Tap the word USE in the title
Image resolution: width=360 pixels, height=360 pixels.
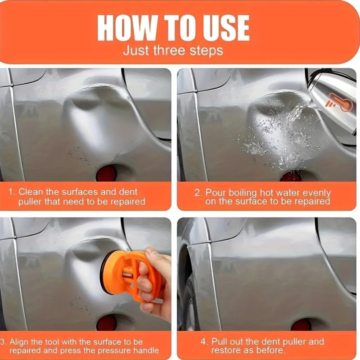pyautogui.click(x=223, y=28)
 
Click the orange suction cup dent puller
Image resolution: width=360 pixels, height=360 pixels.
pyautogui.click(x=129, y=275)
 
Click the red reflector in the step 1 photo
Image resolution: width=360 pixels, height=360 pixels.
pyautogui.click(x=106, y=173)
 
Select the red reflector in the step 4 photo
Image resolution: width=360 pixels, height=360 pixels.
pyautogui.click(x=301, y=324)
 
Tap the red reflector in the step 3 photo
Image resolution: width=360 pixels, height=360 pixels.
pyautogui.click(x=107, y=323)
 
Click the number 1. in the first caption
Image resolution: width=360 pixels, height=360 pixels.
pyautogui.click(x=12, y=192)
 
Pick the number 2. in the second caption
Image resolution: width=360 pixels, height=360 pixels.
pyautogui.click(x=198, y=193)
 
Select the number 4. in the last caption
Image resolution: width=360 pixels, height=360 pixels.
pyautogui.click(x=204, y=342)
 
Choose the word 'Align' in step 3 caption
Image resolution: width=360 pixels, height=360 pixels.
pyautogui.click(x=18, y=342)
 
